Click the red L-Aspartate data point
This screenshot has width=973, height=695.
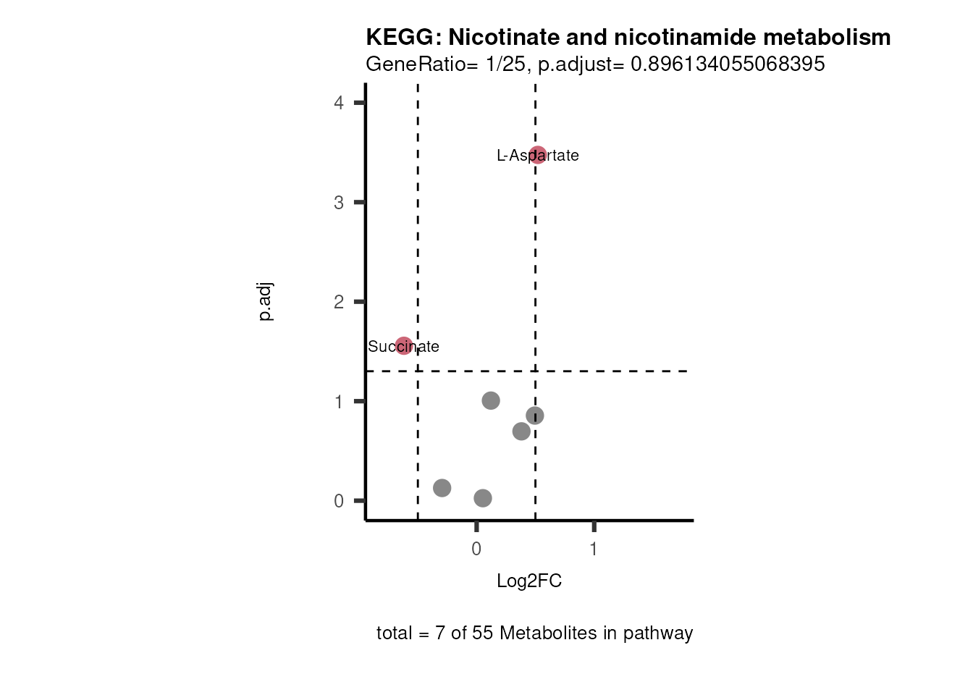(537, 155)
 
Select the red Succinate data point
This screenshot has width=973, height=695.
(404, 346)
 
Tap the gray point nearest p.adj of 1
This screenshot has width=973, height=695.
(491, 400)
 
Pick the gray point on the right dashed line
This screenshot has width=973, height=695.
(535, 416)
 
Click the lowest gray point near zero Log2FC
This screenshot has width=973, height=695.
(483, 498)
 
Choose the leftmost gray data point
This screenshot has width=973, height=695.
(442, 488)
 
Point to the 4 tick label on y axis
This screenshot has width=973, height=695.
(339, 103)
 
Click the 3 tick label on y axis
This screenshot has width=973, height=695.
(339, 203)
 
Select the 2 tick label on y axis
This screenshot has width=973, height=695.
(339, 302)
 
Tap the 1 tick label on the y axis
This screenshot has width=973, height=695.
(339, 402)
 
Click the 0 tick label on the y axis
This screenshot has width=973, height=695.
(339, 501)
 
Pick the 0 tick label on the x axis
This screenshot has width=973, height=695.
(476, 549)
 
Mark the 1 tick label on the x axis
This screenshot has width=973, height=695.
(594, 549)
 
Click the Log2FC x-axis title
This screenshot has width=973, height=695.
(529, 581)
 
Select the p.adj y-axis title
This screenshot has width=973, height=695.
(266, 302)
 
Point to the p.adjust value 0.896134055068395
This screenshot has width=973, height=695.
(728, 64)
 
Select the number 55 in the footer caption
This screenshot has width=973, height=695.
(483, 633)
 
